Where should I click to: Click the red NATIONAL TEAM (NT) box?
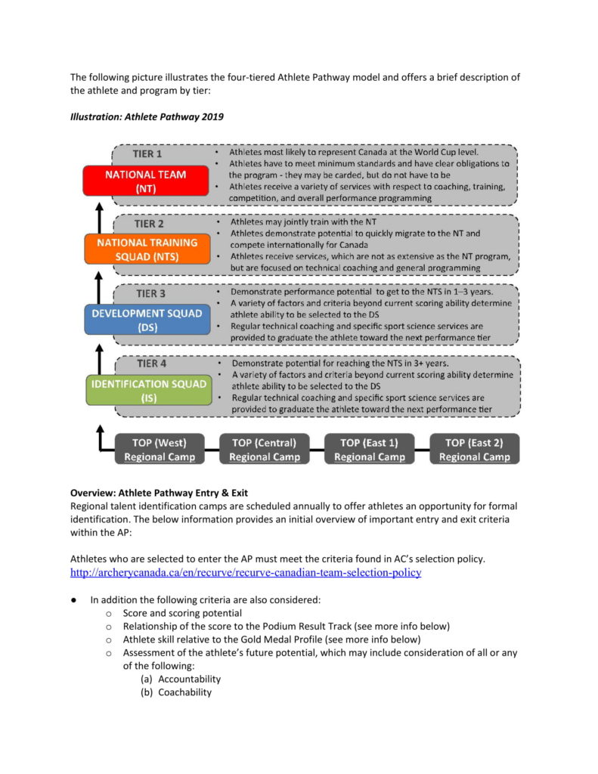pos(146,181)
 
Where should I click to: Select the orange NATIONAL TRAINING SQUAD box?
pos(146,249)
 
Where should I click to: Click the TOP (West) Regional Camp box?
pos(160,449)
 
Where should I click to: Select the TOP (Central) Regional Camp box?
pos(265,449)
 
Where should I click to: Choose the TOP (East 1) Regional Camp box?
pos(369,449)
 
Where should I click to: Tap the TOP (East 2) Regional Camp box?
pos(474,449)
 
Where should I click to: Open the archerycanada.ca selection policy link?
pos(245,573)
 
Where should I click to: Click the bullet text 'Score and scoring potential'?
pos(182,613)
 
